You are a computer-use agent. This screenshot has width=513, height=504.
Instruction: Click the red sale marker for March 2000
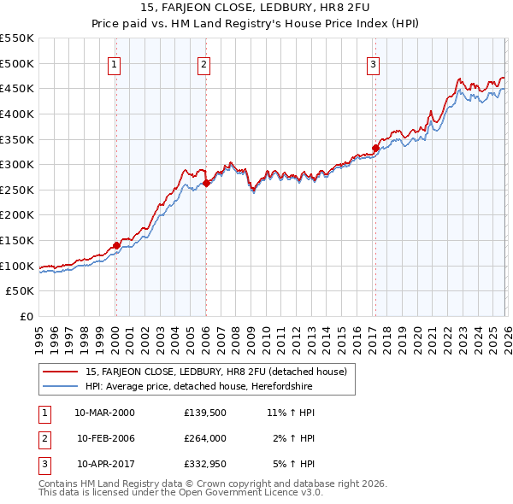click(116, 246)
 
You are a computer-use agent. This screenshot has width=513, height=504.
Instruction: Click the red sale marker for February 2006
click(206, 183)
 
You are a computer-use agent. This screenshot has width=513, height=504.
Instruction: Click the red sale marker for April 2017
click(374, 148)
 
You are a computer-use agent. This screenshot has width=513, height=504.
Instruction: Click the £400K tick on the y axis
click(17, 114)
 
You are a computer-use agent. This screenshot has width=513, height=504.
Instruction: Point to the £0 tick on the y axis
click(27, 317)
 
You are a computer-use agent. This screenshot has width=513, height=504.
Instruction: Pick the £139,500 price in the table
click(204, 413)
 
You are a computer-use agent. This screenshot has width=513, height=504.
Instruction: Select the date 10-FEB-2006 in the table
click(106, 438)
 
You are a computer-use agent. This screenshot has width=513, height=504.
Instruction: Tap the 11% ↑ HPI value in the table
click(291, 413)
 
